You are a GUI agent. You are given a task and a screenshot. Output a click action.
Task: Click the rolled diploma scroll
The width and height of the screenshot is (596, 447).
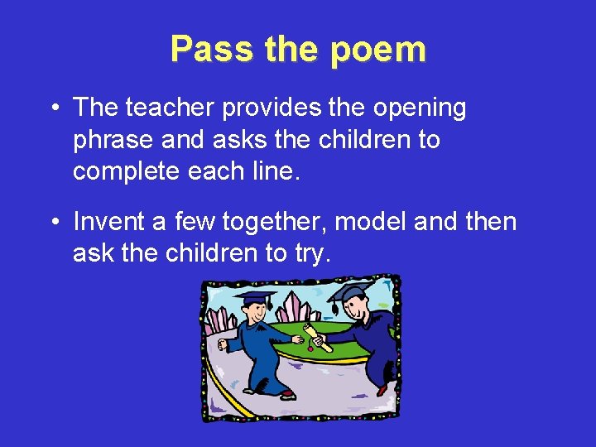(x=315, y=338)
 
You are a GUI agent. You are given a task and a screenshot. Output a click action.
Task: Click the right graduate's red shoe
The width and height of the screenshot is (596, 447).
(x=382, y=387)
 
